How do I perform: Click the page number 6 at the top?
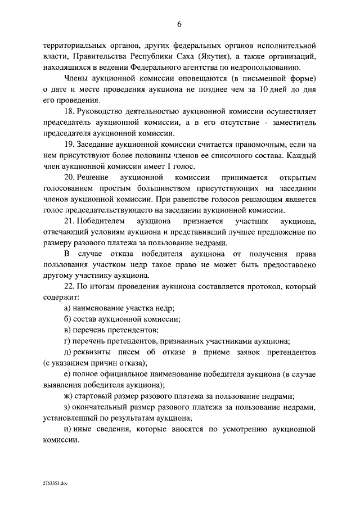tap(179, 24)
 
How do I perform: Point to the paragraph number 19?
tap(69, 146)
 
